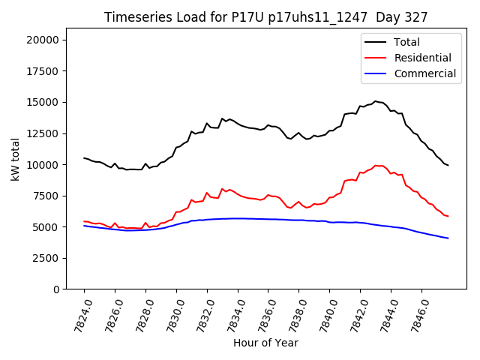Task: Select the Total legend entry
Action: click(406, 42)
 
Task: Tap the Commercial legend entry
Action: click(424, 73)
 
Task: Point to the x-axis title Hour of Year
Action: click(265, 343)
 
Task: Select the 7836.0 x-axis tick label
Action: click(262, 314)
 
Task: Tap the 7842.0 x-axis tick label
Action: click(353, 314)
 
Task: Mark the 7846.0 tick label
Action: click(415, 314)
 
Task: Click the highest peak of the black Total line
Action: click(376, 101)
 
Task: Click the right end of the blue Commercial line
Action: click(448, 238)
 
